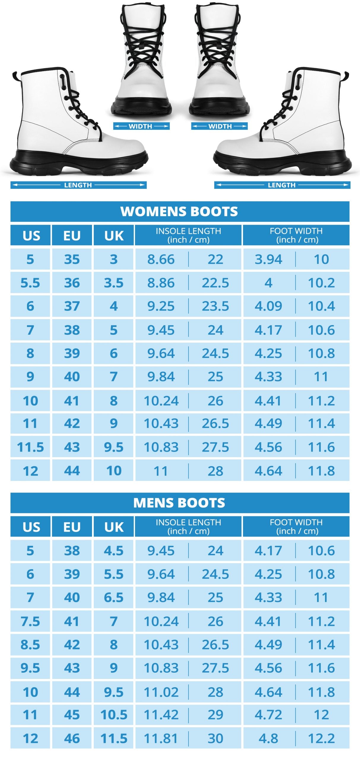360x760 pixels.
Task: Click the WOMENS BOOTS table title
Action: tap(179, 211)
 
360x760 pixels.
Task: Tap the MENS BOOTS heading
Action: tap(179, 503)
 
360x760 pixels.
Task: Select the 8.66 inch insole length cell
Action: tap(161, 259)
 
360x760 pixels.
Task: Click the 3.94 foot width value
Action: tap(268, 259)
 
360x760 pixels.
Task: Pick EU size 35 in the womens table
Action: tap(72, 259)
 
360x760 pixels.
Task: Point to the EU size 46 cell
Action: tap(72, 738)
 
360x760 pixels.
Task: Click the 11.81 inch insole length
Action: tap(161, 738)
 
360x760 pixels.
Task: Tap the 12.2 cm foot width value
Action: tap(321, 738)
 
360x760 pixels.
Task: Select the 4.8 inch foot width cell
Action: tap(268, 738)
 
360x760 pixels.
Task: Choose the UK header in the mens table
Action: tap(114, 527)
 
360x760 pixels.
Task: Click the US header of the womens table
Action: tap(31, 235)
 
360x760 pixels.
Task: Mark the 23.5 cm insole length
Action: tap(215, 306)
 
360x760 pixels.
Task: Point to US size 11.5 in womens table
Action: tap(30, 447)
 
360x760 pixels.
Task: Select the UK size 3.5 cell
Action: tap(114, 283)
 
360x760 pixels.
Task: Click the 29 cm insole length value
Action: tap(215, 715)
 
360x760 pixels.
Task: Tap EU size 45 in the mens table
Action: tap(72, 715)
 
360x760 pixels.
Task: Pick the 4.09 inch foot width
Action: tap(268, 306)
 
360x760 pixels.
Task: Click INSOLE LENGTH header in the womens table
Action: tap(188, 235)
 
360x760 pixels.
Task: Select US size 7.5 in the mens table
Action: tap(30, 621)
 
